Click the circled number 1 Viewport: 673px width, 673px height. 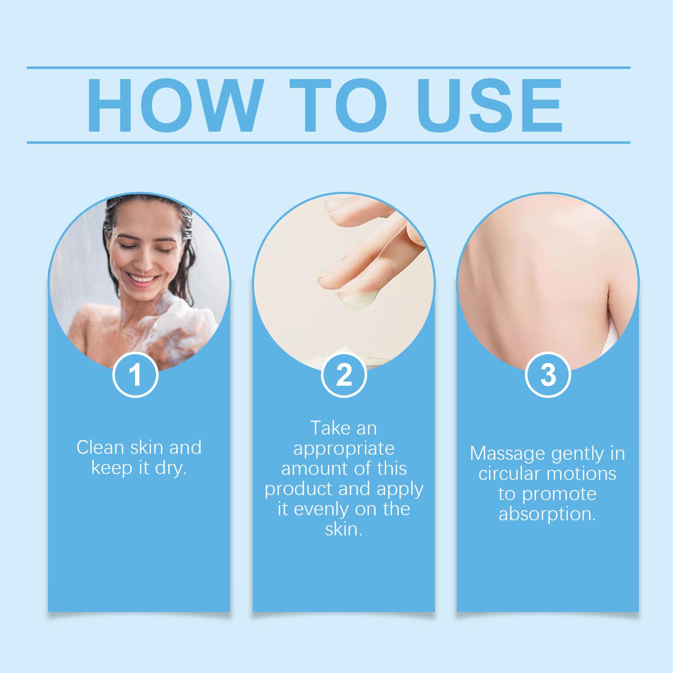(135, 375)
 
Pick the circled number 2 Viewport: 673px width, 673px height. (344, 375)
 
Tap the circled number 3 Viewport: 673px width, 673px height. (548, 375)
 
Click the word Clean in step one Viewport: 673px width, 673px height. (101, 448)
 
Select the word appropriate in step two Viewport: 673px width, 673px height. (344, 449)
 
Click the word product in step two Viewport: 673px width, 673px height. (297, 490)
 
